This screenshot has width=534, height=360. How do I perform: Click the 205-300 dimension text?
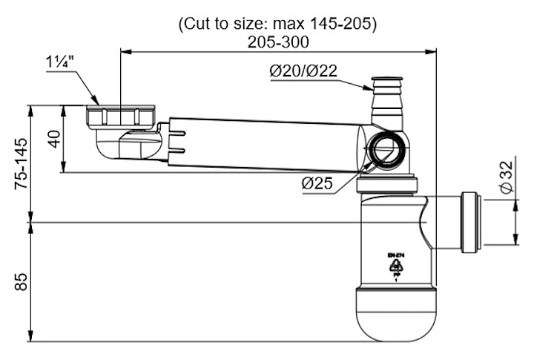278,42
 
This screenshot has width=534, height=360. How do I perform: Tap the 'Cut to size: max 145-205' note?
278,24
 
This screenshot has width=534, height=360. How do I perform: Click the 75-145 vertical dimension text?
23,161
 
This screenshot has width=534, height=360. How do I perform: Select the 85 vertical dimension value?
22,283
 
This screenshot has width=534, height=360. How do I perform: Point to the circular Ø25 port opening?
385,148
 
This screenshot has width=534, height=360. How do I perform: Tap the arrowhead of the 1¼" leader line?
96,102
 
